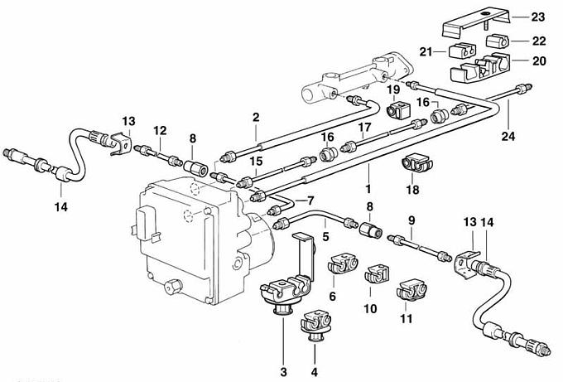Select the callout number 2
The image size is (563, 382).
click(257, 118)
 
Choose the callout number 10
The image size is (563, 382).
click(370, 308)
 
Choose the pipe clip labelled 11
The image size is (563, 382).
click(411, 292)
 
